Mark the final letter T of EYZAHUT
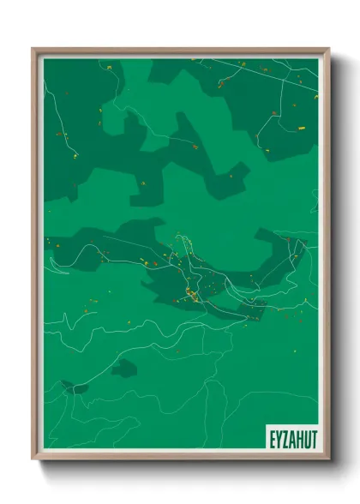310,437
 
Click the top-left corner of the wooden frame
33,49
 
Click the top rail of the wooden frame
180,50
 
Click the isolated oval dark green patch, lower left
124,369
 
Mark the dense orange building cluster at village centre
190,296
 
